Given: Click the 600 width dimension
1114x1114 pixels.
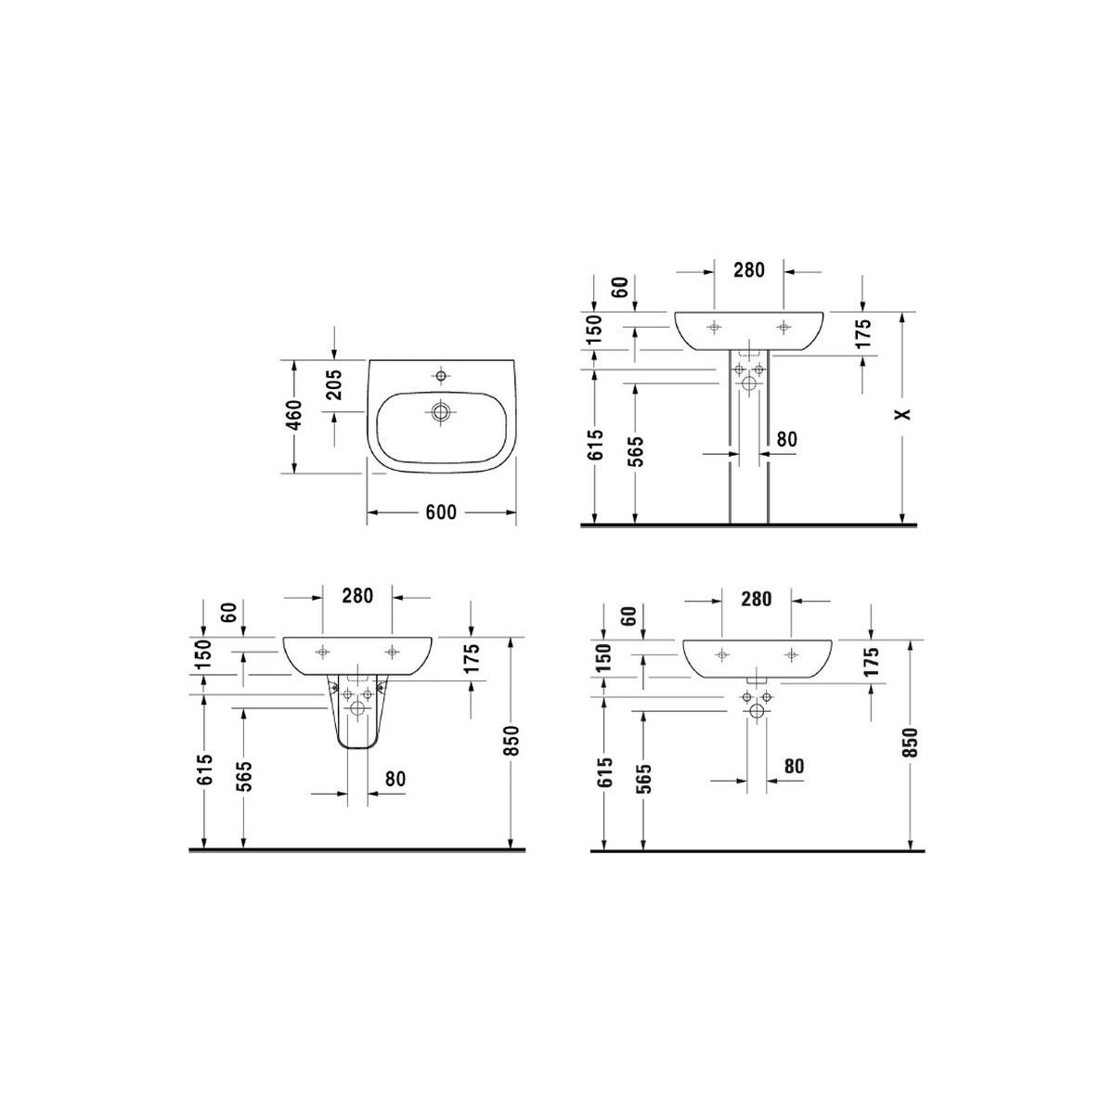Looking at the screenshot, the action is [x=441, y=512].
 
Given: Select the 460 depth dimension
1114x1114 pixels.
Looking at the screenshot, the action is [x=294, y=415].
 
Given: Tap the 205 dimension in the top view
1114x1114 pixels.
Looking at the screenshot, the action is [x=334, y=385].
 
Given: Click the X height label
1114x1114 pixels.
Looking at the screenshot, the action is [x=903, y=414].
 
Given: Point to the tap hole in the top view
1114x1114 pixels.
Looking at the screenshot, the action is [x=441, y=376].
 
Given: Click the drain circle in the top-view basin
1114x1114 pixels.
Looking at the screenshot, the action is [x=441, y=412].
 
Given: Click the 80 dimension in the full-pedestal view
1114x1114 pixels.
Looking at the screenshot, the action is [x=786, y=439].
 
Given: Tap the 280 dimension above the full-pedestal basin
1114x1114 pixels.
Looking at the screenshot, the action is [x=748, y=270].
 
